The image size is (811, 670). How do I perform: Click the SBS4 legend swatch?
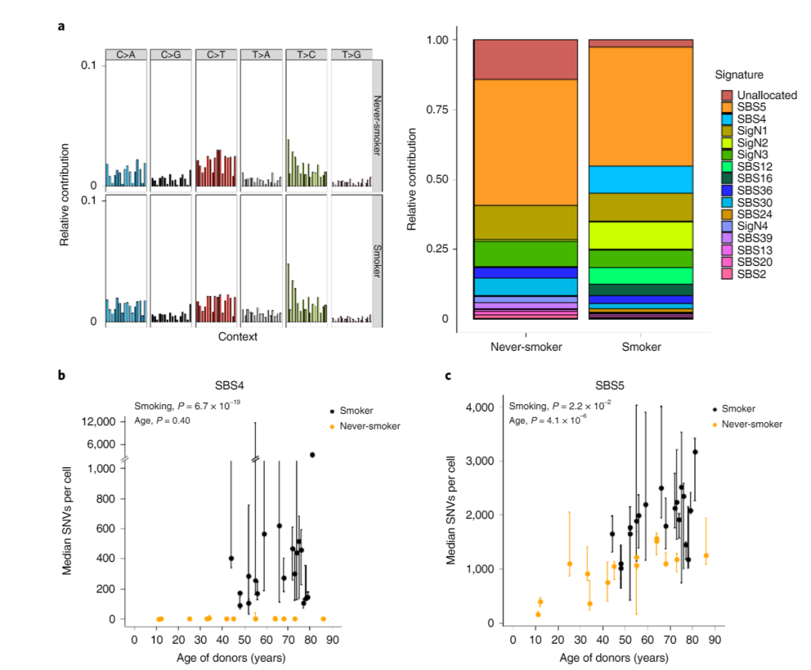(728, 119)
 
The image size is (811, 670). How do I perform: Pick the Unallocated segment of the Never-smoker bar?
(525, 59)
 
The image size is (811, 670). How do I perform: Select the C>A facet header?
(126, 54)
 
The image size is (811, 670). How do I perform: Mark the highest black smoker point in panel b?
(312, 454)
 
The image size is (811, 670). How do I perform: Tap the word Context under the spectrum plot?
(238, 337)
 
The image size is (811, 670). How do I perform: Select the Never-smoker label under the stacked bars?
(525, 347)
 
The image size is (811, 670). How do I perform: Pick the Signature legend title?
(739, 75)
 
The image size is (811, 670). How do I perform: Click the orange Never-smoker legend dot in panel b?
(332, 427)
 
